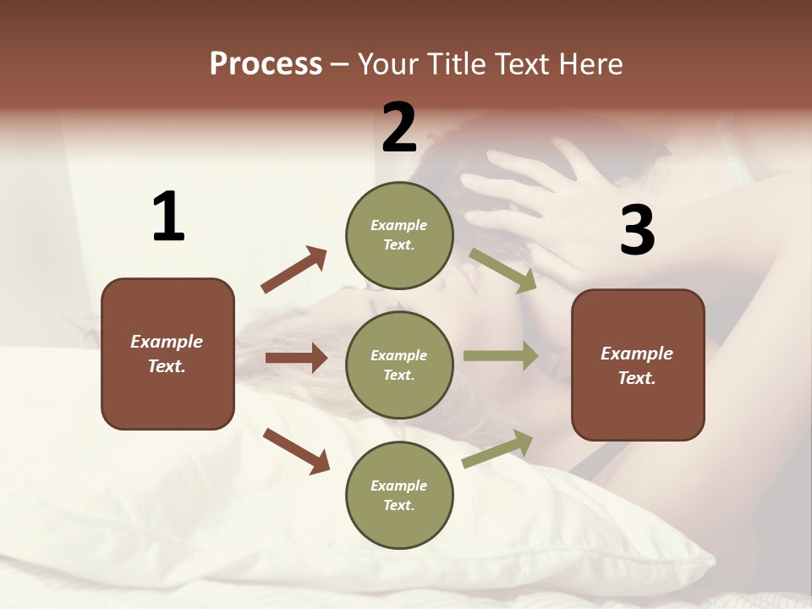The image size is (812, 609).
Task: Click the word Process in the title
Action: point(266,64)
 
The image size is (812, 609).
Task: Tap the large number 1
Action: point(168,217)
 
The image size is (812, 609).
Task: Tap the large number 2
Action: point(399,128)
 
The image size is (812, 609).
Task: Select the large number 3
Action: point(637,231)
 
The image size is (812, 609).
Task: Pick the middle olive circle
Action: point(399,365)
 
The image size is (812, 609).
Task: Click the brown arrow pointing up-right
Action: point(294,270)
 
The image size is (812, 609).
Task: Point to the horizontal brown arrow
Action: point(296,358)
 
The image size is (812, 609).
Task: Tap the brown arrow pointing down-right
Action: point(297,451)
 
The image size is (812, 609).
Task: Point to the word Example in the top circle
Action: point(399,225)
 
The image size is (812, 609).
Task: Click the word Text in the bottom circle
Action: point(398,505)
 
